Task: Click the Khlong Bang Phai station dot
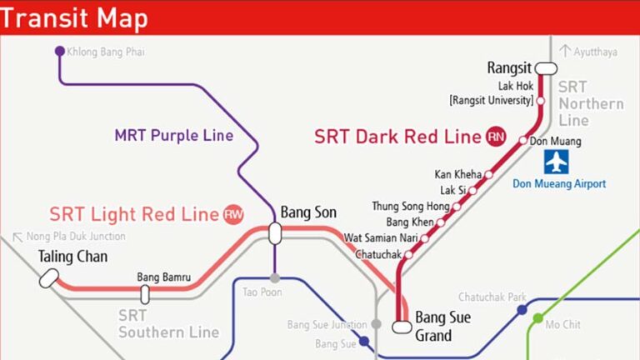(x=59, y=52)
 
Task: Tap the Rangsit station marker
(x=546, y=68)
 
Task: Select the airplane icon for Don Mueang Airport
(x=556, y=162)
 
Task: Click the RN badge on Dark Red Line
(x=497, y=137)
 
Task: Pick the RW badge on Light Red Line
(x=233, y=214)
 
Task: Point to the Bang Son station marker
(x=274, y=233)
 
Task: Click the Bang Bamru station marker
(x=145, y=293)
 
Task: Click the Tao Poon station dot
(x=274, y=278)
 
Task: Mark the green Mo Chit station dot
(x=537, y=317)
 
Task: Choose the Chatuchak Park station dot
(x=522, y=310)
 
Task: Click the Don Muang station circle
(x=523, y=141)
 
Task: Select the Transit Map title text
(x=75, y=17)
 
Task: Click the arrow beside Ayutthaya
(x=565, y=52)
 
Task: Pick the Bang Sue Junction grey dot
(x=376, y=324)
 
